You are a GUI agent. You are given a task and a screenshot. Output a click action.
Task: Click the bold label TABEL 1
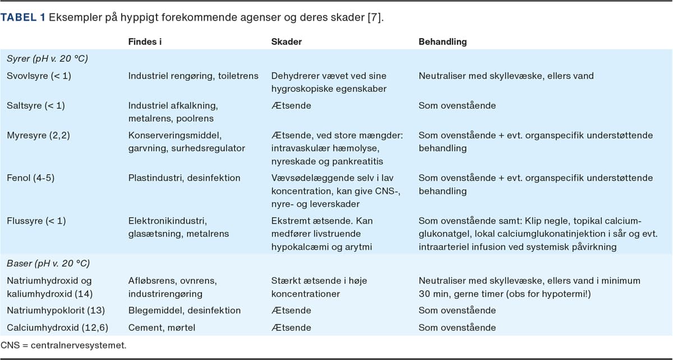point(24,17)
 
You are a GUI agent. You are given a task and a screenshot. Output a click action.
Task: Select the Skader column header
point(287,41)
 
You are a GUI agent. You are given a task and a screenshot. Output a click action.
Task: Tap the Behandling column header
point(442,41)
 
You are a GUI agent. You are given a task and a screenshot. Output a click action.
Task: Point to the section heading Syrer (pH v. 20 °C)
point(47,58)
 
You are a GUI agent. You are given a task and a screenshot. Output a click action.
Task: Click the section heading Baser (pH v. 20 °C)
point(48,263)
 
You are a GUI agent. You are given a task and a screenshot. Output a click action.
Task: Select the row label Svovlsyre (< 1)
point(39,76)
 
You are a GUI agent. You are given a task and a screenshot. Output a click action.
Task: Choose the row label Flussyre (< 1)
point(36,221)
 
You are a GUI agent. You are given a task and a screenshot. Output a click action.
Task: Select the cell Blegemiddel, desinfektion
point(185,310)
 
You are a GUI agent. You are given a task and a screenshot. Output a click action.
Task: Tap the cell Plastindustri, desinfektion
point(184,178)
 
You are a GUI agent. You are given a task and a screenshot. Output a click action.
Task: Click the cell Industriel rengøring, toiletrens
point(193,76)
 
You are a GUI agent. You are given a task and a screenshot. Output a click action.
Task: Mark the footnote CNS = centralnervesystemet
point(63,345)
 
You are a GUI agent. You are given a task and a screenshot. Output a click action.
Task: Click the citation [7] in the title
point(375,17)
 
